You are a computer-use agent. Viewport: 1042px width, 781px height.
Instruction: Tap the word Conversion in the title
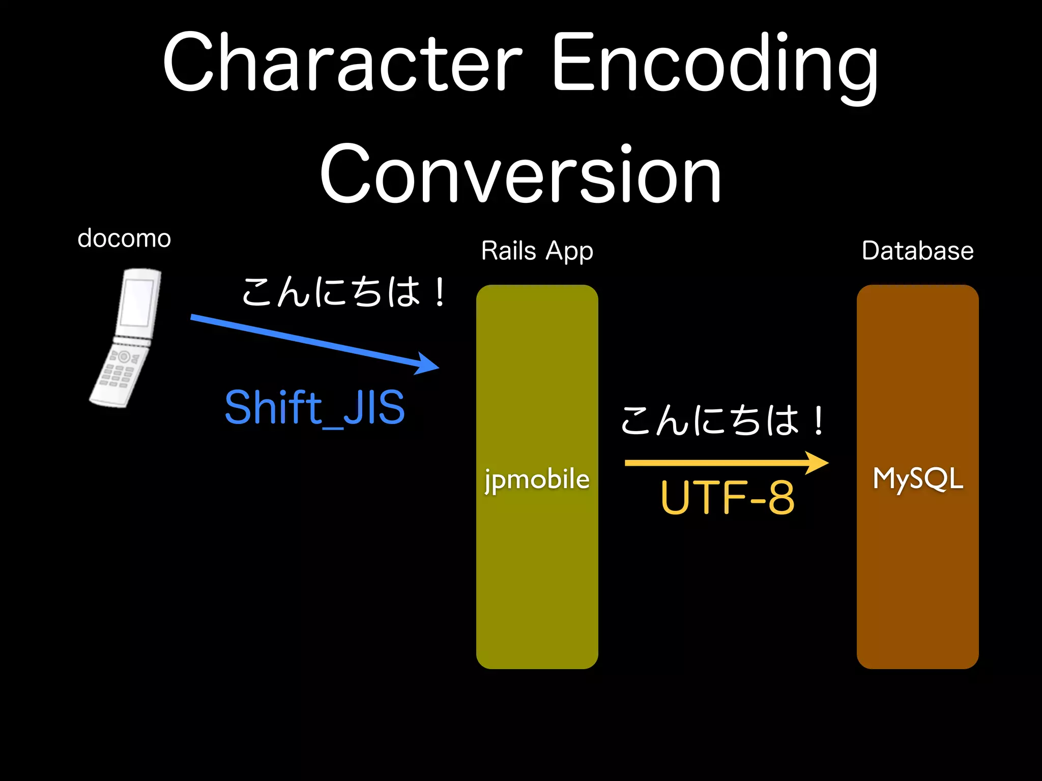click(x=520, y=174)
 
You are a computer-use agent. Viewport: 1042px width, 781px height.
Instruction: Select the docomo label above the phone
click(x=124, y=238)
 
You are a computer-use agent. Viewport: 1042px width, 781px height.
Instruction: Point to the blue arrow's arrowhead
click(x=426, y=364)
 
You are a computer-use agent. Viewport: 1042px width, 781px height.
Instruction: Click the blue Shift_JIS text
click(x=314, y=407)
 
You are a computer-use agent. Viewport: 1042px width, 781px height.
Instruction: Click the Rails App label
click(x=537, y=251)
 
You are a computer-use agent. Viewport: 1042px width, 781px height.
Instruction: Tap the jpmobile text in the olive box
click(x=537, y=479)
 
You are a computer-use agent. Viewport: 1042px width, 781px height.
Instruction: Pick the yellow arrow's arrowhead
click(x=817, y=463)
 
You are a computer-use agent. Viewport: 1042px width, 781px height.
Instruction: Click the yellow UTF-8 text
click(x=728, y=498)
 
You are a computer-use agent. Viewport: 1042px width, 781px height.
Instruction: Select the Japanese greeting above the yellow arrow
click(x=722, y=421)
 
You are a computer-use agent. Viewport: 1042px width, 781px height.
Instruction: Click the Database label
click(x=917, y=251)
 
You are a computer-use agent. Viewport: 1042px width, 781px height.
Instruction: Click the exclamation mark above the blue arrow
click(x=440, y=293)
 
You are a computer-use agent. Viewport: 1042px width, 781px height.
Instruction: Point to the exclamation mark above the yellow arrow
click(x=818, y=422)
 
